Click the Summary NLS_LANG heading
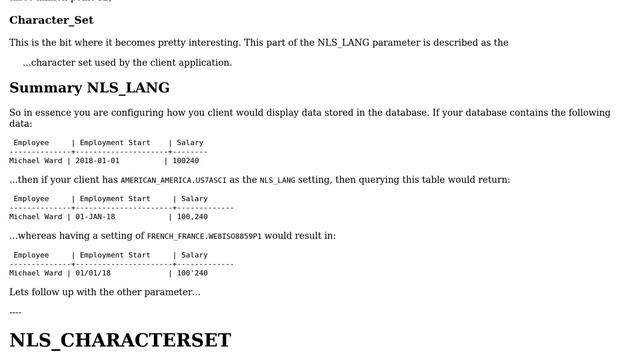point(89,88)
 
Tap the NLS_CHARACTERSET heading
point(120,340)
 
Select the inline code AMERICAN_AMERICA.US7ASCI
point(173,181)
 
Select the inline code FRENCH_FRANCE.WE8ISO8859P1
point(204,237)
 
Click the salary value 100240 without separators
point(186,160)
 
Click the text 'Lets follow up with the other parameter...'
point(105,292)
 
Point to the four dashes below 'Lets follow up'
point(15,312)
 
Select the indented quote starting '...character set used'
point(127,62)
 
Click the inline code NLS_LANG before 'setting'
point(277,181)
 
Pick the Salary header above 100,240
point(194,199)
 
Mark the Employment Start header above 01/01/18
point(115,255)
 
